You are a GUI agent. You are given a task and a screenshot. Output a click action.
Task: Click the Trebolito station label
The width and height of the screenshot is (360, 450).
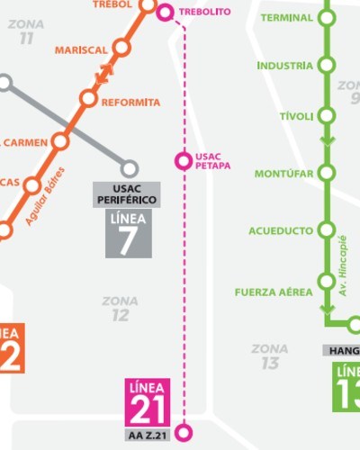205,12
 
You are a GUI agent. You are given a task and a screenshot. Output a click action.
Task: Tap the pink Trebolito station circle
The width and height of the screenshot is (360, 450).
165,12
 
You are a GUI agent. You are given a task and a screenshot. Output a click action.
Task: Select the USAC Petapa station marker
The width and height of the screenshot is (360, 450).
183,161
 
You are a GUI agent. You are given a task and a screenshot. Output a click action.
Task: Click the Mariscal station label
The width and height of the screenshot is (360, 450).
80,49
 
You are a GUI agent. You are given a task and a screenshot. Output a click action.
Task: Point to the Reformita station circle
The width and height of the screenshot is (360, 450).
88,98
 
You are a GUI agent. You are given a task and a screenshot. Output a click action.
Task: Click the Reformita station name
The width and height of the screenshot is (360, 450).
130,102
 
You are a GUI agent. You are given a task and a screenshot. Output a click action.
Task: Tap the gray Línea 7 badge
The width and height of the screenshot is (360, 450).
128,234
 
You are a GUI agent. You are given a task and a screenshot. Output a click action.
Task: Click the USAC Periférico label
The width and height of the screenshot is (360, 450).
126,193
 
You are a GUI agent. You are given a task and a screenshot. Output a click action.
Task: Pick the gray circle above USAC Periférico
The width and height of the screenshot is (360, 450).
130,168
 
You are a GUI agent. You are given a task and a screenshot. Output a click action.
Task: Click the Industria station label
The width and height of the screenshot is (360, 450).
284,66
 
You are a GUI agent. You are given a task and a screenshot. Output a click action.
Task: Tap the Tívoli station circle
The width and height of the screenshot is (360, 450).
326,116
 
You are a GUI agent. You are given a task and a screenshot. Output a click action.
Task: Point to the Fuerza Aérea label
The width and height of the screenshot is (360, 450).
274,292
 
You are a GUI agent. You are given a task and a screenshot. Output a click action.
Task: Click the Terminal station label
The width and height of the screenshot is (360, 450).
286,17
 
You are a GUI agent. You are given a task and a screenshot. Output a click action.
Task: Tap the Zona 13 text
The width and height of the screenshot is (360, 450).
270,355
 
